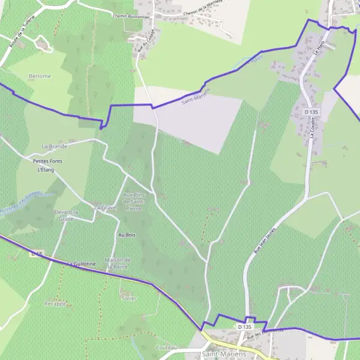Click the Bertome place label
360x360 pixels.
[39, 76]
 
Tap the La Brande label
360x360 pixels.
[54, 146]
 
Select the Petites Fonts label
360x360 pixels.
[47, 161]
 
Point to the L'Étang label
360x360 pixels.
[46, 170]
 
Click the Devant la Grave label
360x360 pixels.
[66, 215]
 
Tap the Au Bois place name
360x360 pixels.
[126, 235]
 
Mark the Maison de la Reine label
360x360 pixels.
[118, 263]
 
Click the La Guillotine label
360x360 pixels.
[82, 263]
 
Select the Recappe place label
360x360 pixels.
[55, 304]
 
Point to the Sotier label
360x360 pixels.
[129, 298]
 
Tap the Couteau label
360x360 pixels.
[166, 347]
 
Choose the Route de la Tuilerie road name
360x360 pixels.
[20, 34]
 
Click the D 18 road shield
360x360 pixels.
[36, 254]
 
